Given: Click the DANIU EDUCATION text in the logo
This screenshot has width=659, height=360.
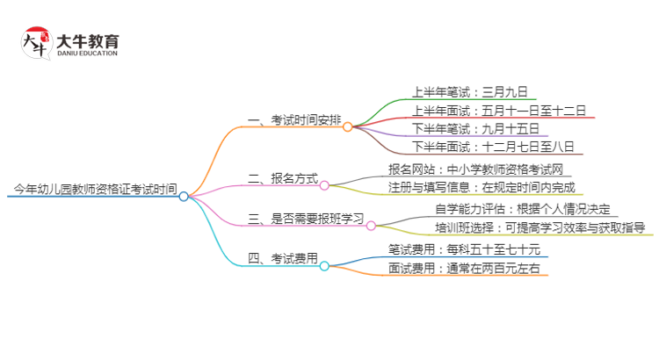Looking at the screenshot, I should click(87, 54).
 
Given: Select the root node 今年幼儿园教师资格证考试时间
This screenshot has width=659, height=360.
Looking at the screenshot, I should click(95, 188).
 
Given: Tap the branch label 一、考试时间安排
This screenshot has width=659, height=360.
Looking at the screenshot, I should click(293, 119).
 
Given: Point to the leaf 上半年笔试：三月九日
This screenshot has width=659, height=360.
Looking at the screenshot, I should click(470, 90).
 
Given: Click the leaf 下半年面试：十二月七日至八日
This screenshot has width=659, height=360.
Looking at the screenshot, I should click(493, 148).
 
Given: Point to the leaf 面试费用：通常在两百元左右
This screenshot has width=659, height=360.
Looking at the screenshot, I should click(464, 267).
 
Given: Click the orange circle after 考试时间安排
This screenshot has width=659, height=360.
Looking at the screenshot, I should click(348, 126).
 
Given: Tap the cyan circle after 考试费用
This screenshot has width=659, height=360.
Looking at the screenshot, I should click(324, 265).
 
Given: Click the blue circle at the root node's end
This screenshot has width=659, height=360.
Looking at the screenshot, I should click(184, 197).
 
